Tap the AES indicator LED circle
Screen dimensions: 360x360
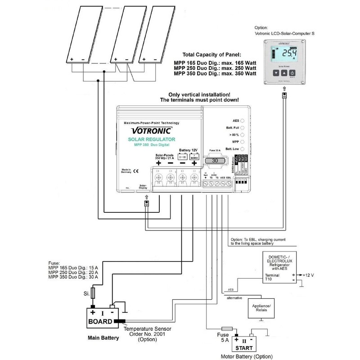tap(242, 121)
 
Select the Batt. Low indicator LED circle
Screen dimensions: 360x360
tap(242, 148)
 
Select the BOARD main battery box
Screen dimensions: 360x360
tap(103, 318)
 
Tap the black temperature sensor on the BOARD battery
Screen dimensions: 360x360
tap(121, 321)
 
